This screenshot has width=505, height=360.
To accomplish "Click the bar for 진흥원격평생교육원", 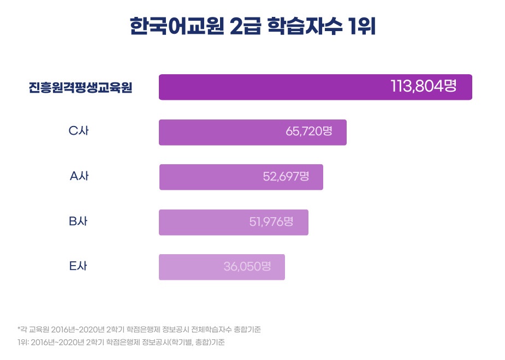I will tap(273, 87).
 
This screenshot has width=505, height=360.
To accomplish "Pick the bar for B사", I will tap(202, 223).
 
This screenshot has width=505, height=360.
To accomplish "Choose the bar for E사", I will tap(191, 267).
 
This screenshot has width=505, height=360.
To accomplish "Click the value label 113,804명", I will tap(423, 86).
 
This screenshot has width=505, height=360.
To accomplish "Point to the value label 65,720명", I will tap(308, 132).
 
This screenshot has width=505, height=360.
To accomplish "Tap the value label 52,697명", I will tap(286, 177).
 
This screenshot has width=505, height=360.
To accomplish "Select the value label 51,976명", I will tap(271, 222).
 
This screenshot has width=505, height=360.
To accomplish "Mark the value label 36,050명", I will tap(247, 267).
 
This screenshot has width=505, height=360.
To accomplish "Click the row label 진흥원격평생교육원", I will tap(81, 88).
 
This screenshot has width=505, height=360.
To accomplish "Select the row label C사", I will tap(79, 131).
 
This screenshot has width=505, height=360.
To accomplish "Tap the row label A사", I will tap(79, 176).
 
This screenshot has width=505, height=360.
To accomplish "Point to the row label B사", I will tap(79, 221).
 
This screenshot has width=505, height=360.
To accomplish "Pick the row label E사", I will tap(79, 267).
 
